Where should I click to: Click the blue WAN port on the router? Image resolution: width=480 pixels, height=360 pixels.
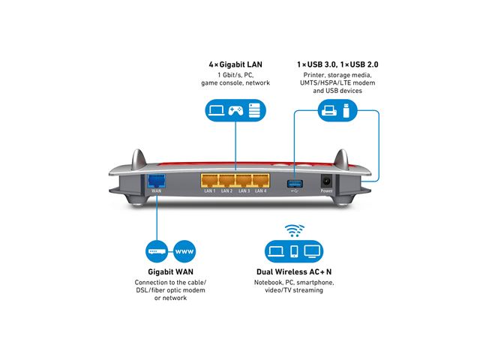pos(157,180)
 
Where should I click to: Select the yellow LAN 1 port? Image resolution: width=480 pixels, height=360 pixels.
pos(209,180)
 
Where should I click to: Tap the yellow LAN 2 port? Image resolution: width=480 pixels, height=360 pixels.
pos(226,180)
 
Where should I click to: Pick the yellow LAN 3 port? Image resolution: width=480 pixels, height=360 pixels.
pos(244,180)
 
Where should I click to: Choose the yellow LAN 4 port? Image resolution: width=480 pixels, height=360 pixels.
pos(261,180)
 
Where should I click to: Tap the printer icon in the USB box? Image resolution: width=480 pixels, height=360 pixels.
pos(328,112)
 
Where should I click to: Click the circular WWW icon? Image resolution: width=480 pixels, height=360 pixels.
pos(184,250)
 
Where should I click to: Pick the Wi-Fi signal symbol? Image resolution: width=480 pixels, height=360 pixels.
pos(292,230)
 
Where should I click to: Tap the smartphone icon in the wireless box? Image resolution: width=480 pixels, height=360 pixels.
pos(295,251)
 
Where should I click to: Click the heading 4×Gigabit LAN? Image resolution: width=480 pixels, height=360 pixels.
pos(234,65)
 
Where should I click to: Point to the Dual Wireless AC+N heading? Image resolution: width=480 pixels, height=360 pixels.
pos(293,271)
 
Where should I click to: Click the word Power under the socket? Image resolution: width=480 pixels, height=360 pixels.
pos(327,191)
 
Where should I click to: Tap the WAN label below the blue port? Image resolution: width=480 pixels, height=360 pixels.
pos(157,191)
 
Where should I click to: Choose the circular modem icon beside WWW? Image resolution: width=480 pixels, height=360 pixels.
pos(154,250)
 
